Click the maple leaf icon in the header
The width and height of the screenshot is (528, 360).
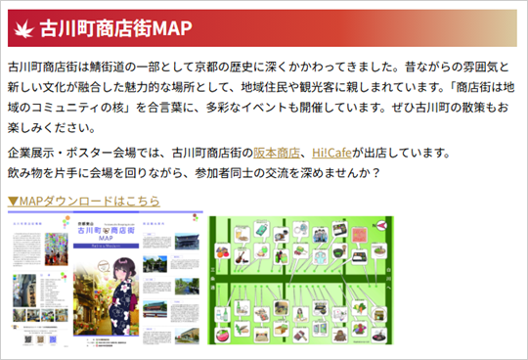pyautogui.click(x=22, y=28)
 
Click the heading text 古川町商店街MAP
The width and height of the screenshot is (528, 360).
pyautogui.click(x=115, y=28)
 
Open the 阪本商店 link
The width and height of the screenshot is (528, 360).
pyautogui.click(x=277, y=153)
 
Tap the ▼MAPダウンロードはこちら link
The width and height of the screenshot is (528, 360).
pyautogui.click(x=83, y=200)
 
